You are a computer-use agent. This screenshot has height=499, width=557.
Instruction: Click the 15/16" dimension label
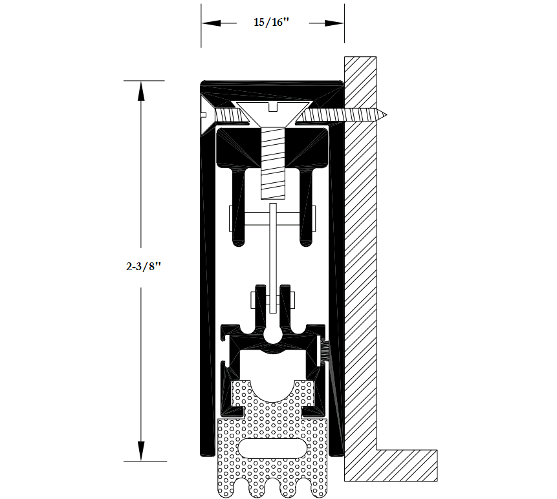pyautogui.click(x=272, y=23)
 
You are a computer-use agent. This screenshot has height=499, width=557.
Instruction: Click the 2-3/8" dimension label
pyautogui.click(x=143, y=266)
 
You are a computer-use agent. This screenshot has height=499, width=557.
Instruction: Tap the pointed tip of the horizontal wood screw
pyautogui.click(x=386, y=114)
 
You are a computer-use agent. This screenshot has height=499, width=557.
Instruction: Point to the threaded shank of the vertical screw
pyautogui.click(x=273, y=164)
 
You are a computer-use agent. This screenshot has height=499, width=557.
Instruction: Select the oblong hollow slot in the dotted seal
pyautogui.click(x=272, y=448)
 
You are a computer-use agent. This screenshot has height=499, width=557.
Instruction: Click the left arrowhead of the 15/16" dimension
pyautogui.click(x=211, y=23)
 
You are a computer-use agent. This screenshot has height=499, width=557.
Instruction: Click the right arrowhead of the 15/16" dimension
pyautogui.click(x=334, y=23)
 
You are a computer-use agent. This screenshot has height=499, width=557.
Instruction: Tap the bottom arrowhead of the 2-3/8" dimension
pyautogui.click(x=141, y=451)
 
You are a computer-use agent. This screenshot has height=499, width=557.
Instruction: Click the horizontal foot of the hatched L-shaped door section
pyautogui.click(x=407, y=465)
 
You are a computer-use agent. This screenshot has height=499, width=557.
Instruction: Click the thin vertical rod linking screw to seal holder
pyautogui.click(x=273, y=258)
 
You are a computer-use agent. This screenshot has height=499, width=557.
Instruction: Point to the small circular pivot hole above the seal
pyautogui.click(x=272, y=334)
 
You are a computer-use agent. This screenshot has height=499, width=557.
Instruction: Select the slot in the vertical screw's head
pyautogui.click(x=273, y=107)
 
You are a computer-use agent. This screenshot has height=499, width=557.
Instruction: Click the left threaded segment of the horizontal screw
pyautogui.click(x=231, y=115)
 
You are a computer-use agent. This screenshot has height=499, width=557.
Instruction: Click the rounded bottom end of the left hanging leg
pyautogui.click(x=238, y=243)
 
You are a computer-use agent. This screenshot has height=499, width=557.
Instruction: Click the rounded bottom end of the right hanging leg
pyautogui.click(x=306, y=243)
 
